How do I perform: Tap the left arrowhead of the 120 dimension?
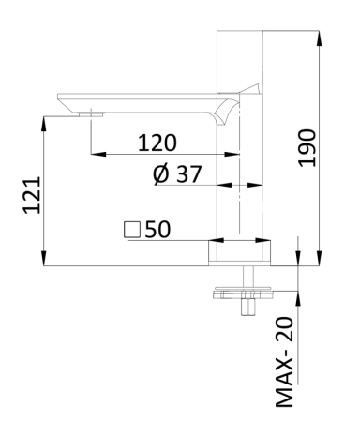click(94, 156)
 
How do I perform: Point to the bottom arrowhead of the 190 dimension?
click(321, 262)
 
